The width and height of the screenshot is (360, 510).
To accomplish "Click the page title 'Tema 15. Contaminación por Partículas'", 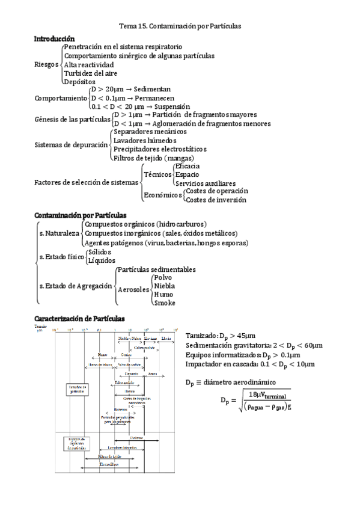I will (x=180, y=26).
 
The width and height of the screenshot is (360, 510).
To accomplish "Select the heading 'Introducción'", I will (x=55, y=38).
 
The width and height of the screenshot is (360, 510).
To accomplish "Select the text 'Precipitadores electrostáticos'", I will (x=160, y=149).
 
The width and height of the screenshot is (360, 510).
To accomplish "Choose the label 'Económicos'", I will (x=162, y=195).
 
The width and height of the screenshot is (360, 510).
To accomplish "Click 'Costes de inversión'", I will (x=216, y=200).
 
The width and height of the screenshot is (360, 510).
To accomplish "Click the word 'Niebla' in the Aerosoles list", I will (x=164, y=286).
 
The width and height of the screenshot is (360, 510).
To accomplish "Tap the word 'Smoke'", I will (x=164, y=303).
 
